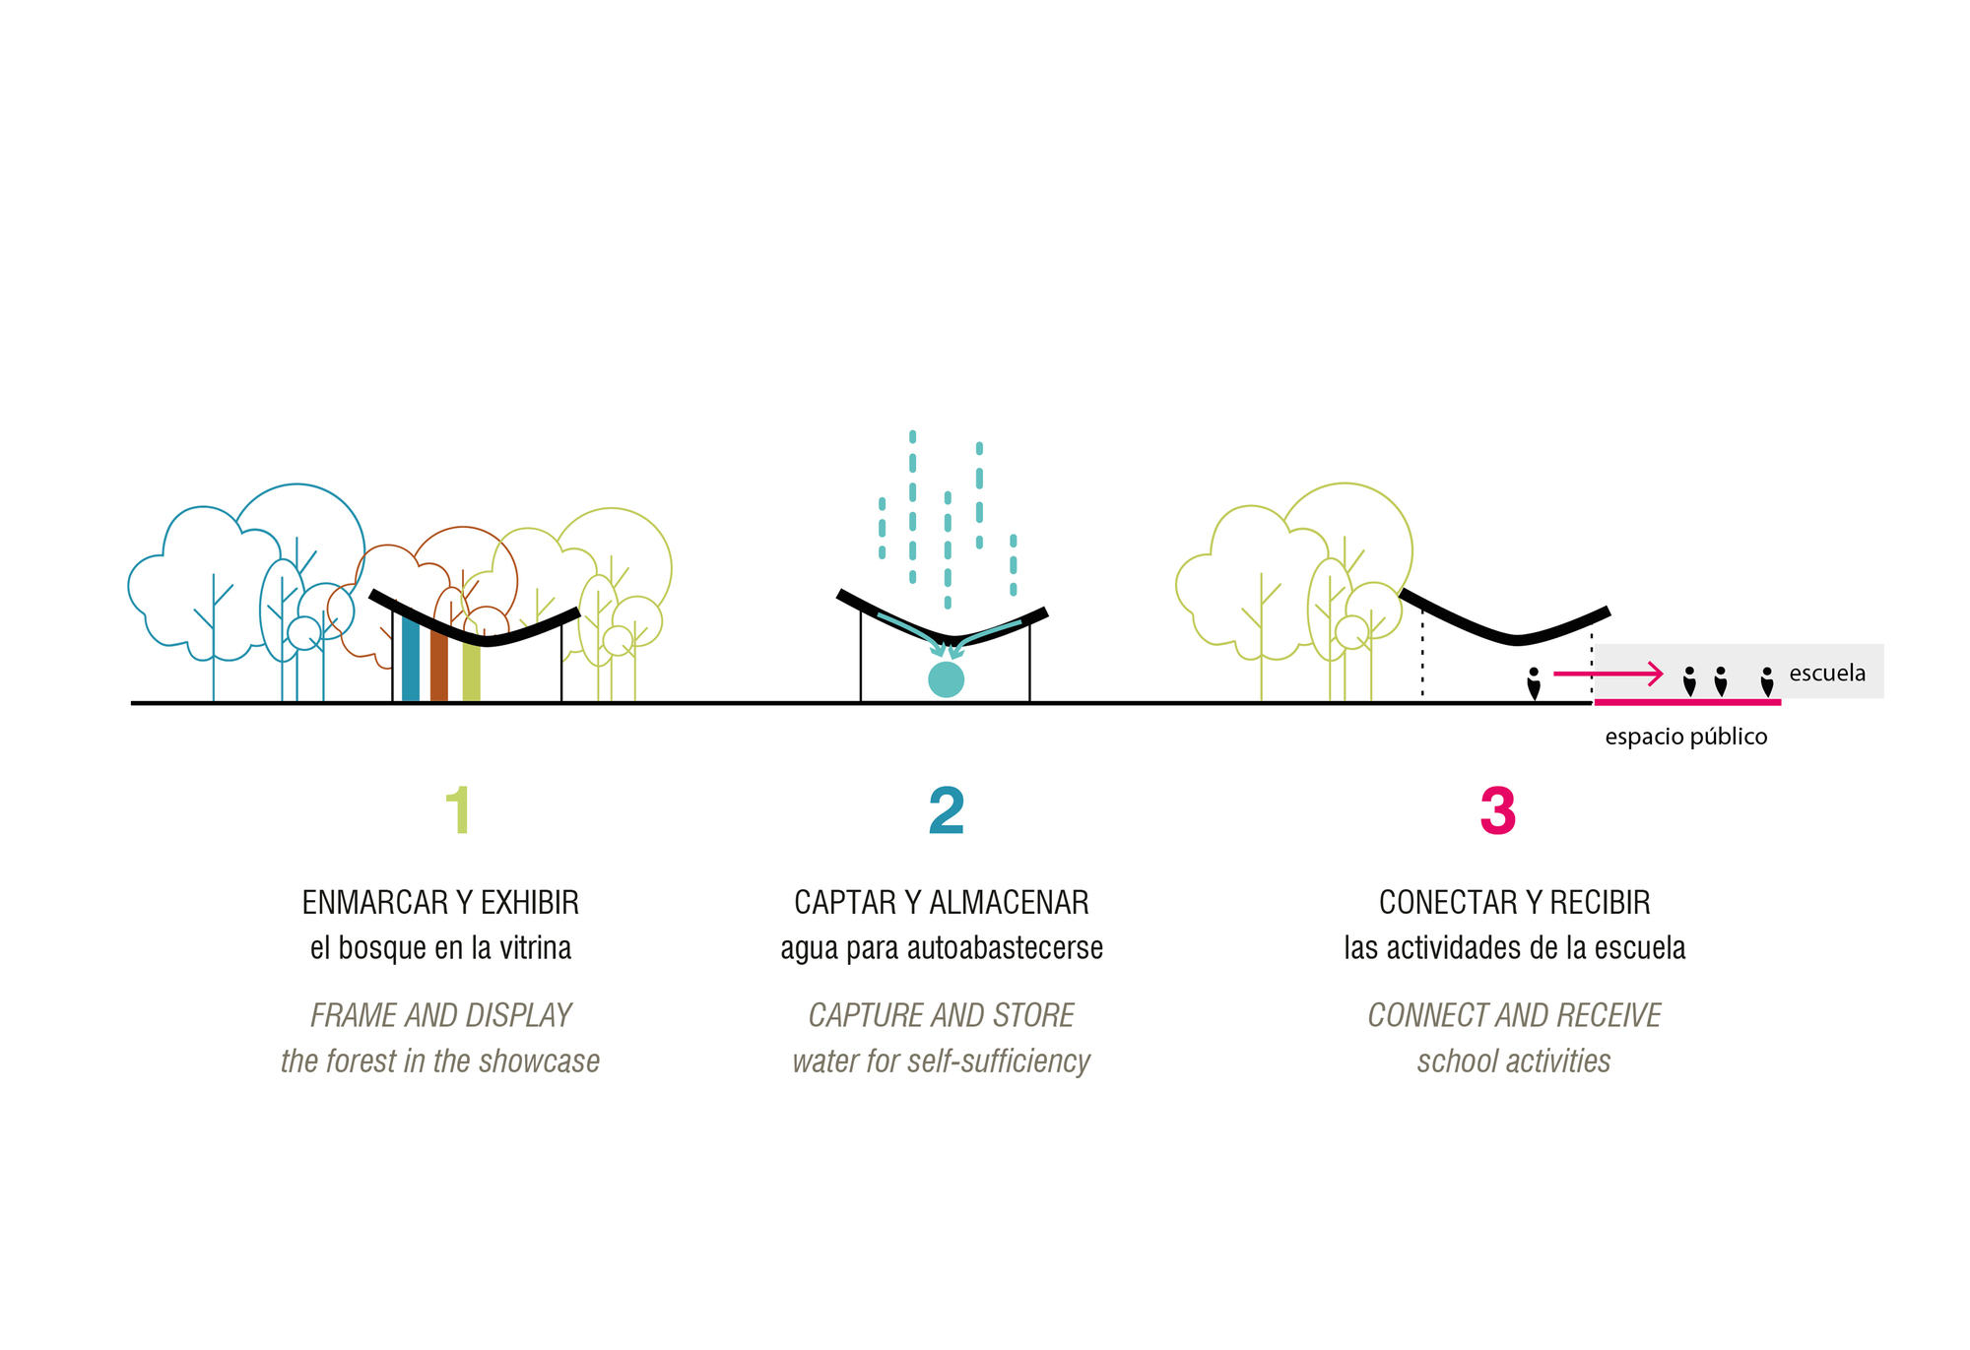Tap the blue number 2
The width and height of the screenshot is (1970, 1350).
947,811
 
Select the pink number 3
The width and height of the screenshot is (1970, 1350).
1497,811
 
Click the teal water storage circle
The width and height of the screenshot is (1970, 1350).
946,679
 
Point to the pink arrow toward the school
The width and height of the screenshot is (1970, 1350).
1608,674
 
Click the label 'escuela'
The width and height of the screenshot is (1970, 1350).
1827,674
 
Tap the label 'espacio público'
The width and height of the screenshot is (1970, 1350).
1685,737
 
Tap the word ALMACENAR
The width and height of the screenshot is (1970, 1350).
1009,902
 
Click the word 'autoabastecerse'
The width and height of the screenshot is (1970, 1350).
1005,948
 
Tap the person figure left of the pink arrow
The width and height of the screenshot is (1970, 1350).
1534,683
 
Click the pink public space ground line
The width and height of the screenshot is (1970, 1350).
1687,702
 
